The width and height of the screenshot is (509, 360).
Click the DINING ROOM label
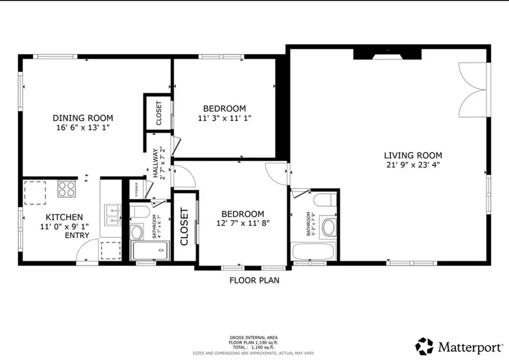tap(83, 118)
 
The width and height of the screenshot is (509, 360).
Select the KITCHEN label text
tap(64, 217)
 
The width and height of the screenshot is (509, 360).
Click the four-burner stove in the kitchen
tap(67, 189)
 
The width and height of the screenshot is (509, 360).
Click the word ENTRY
tap(77, 235)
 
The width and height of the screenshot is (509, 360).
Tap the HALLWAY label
tap(155, 162)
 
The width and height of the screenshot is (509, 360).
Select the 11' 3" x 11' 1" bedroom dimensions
tap(224, 118)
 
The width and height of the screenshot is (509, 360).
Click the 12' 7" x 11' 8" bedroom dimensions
tap(243, 223)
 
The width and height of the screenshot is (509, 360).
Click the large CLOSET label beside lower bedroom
tap(183, 227)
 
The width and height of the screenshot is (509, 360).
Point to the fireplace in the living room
tap(387, 54)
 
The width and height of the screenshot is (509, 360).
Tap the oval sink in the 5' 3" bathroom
tap(328, 227)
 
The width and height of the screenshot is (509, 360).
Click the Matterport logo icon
tap(424, 345)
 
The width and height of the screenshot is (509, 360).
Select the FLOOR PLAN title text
tap(254, 280)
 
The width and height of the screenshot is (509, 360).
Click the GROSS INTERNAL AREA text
tap(254, 338)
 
